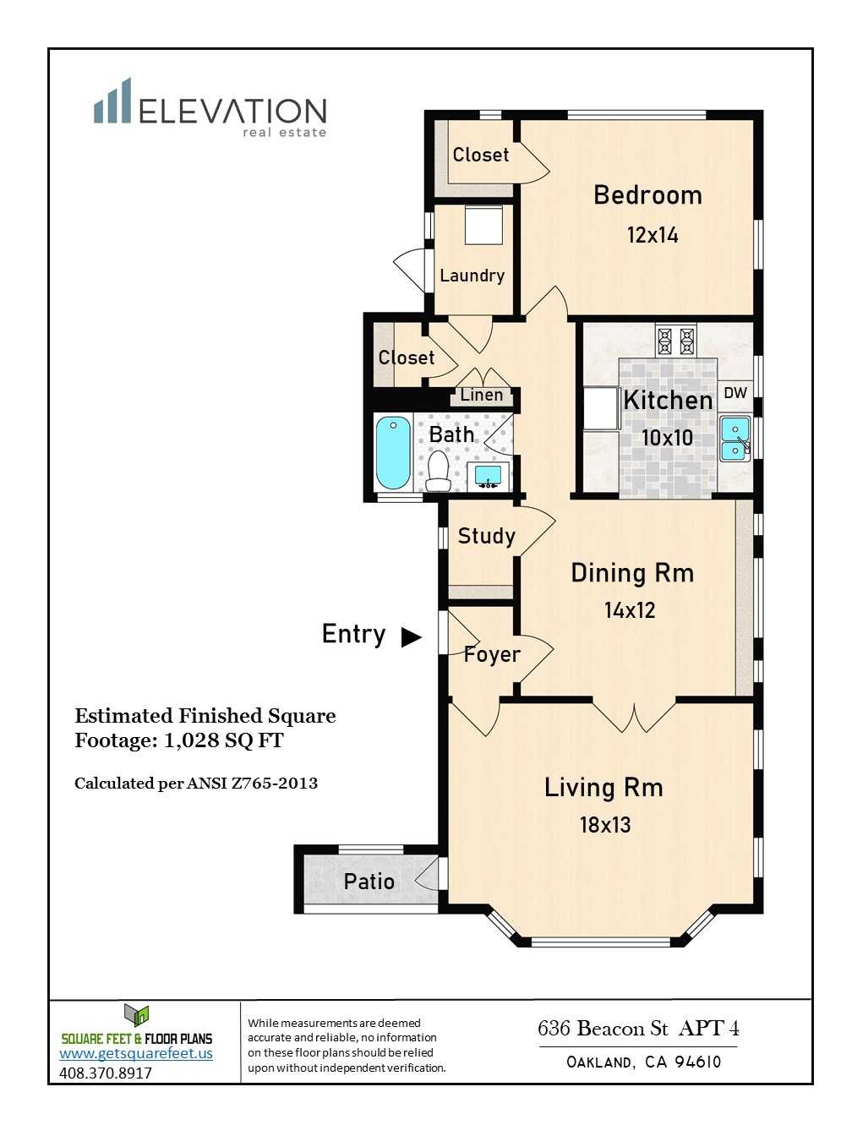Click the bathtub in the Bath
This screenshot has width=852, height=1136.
pos(393,452)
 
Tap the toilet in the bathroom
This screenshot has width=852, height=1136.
pos(438,470)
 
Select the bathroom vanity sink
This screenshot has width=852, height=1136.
pos(488,476)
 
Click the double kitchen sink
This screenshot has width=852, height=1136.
pos(735,439)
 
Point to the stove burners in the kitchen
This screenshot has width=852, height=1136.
pos(675,340)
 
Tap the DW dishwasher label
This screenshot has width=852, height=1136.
pos(735,393)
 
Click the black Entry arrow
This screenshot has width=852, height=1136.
pos(412,637)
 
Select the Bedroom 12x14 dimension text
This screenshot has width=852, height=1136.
pos(653,235)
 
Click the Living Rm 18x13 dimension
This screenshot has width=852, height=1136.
pos(605,824)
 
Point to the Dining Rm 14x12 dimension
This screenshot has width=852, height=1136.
pos(630,610)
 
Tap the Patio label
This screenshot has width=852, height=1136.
pos(369,882)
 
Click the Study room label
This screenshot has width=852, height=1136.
pos(486,536)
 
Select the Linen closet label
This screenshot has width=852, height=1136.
pos(482,395)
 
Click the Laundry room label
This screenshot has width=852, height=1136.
pos(472,276)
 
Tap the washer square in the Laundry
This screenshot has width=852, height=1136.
pos(483,225)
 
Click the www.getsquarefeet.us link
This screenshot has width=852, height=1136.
pos(136,1053)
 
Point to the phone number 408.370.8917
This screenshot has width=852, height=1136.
pos(106,1073)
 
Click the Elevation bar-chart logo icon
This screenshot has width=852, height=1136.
pos(112,101)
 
